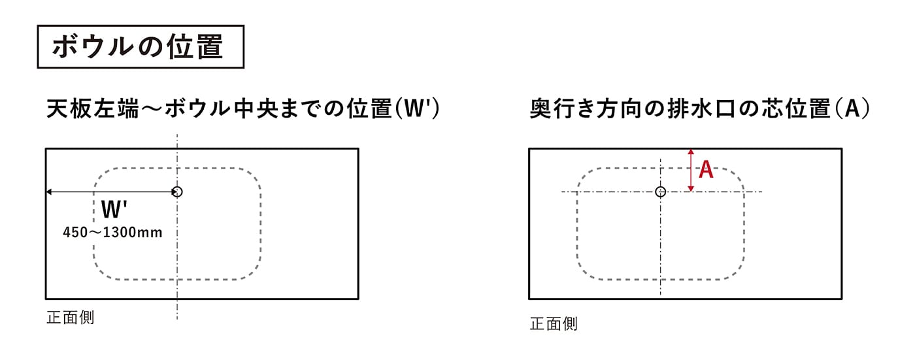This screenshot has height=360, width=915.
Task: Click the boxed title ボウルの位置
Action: pyautogui.click(x=141, y=46)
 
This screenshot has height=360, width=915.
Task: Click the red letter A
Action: pyautogui.click(x=706, y=171)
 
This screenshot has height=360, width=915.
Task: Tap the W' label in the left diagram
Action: pyautogui.click(x=114, y=210)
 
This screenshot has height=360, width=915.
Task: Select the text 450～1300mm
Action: pyautogui.click(x=112, y=232)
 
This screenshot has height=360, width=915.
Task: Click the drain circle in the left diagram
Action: pyautogui.click(x=177, y=191)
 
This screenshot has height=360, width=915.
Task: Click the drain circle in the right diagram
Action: pyautogui.click(x=661, y=191)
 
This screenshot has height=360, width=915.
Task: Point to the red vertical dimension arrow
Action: pyautogui.click(x=691, y=171)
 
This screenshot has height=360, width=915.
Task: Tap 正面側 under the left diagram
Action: pyautogui.click(x=71, y=318)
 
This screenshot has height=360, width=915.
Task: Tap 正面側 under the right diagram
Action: pyautogui.click(x=554, y=323)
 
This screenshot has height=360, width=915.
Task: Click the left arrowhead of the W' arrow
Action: pyautogui.click(x=48, y=191)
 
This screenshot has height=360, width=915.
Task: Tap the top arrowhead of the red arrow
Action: pyautogui.click(x=691, y=152)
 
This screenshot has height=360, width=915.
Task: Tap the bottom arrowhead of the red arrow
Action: pyautogui.click(x=691, y=189)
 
